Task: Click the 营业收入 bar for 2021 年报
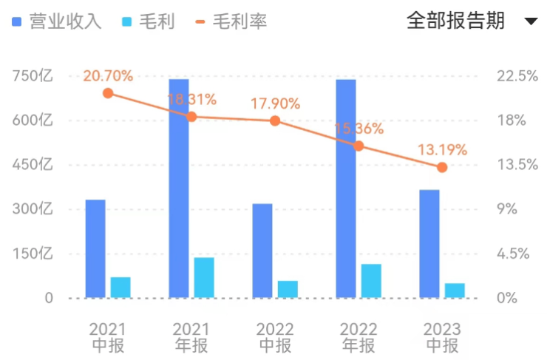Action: coord(179,189)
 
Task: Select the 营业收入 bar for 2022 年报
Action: coord(346,189)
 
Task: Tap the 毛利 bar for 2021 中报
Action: coord(120,288)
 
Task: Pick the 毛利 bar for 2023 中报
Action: coord(455,291)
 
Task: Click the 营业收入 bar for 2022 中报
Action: coord(262,251)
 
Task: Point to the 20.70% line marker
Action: coord(108,93)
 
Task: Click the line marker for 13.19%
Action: coord(442,167)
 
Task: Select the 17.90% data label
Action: coord(275,103)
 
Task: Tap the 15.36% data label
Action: coord(359,129)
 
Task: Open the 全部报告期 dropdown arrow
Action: coord(531,21)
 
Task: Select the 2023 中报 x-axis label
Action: coord(442,337)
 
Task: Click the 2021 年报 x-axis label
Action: coord(191,337)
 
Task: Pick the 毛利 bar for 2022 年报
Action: coord(371,281)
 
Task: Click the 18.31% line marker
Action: coord(191,117)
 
